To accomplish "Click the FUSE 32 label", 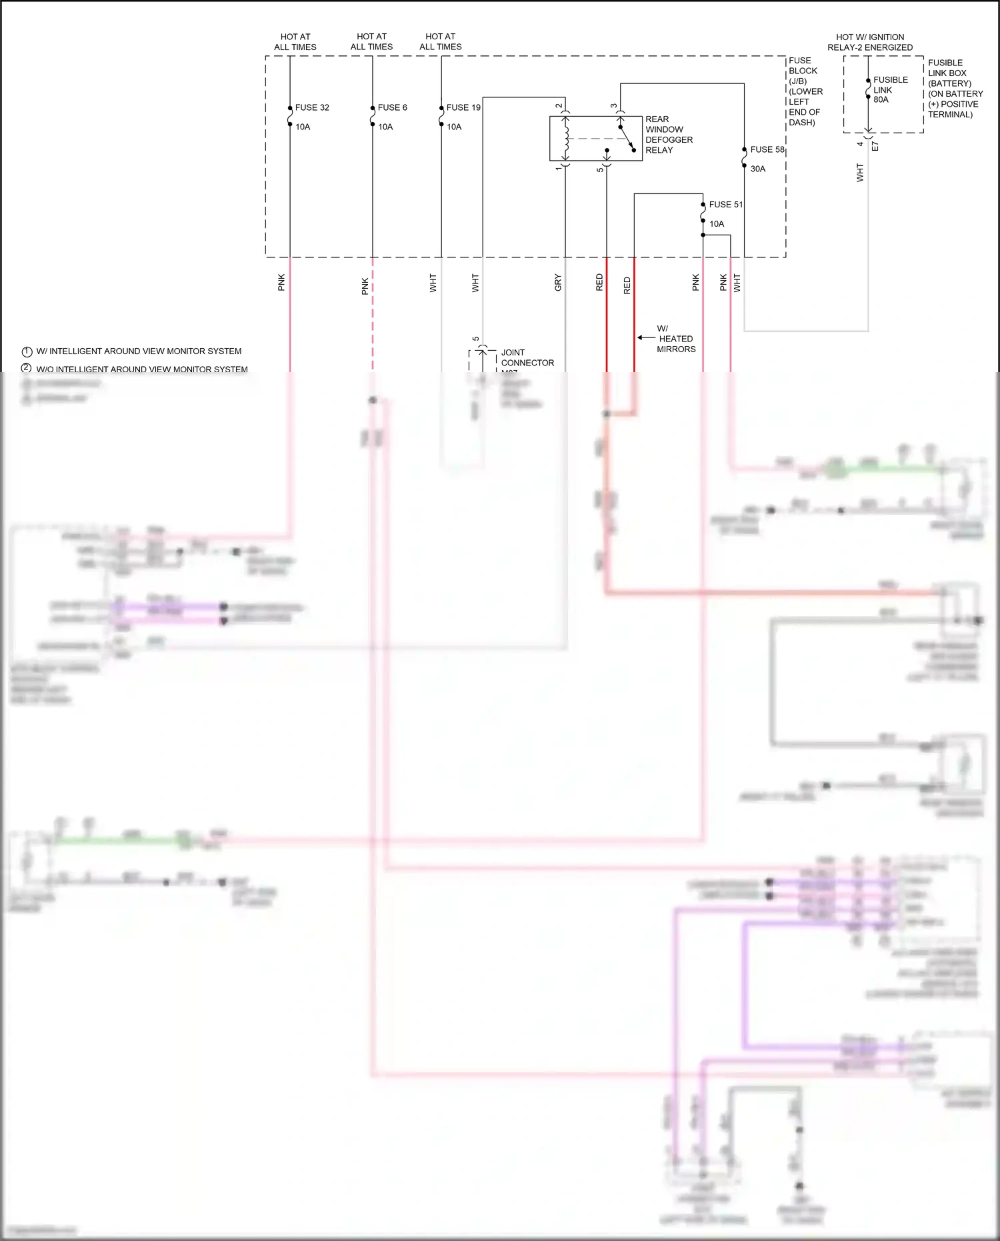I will (312, 107).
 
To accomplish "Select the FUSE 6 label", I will (392, 107).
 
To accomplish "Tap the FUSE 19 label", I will (463, 107).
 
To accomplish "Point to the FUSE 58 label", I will (767, 149).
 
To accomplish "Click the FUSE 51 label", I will (725, 205).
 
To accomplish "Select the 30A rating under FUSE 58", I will (758, 169).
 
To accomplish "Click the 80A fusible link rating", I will (881, 100).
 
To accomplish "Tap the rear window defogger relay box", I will (595, 139).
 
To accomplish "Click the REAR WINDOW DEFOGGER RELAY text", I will (669, 135).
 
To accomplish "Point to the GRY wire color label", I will (558, 283).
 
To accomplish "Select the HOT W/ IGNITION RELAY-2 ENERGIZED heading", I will (870, 42).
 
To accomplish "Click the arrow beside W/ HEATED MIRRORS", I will (646, 338).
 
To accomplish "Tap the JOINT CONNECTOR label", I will (527, 357).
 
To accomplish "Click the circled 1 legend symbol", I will (27, 351).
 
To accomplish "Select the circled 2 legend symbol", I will (27, 368).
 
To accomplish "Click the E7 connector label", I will (875, 145).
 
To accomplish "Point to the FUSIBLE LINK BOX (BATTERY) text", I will (955, 88).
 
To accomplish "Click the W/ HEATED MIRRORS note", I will (675, 339).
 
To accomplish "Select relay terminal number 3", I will (614, 106).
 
